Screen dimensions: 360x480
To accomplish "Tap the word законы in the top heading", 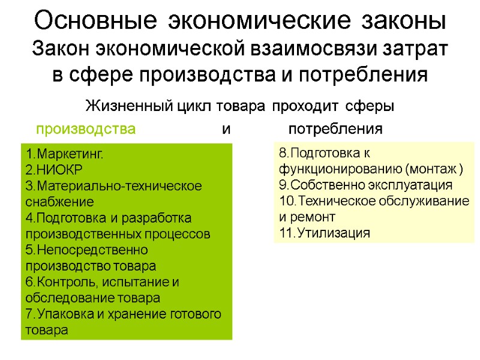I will [x=403, y=21].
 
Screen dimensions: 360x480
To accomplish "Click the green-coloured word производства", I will [x=86, y=129].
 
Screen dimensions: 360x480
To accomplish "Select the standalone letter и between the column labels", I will [x=226, y=129].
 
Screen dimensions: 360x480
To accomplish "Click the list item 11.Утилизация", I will [x=325, y=233].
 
